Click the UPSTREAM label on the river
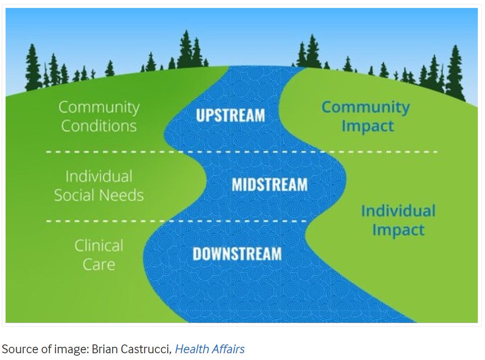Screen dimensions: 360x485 (230, 115)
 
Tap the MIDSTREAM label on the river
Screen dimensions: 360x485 (269, 185)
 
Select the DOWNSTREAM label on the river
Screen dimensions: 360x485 (237, 254)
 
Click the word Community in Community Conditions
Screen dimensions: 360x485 (99, 108)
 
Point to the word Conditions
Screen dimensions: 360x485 (99, 126)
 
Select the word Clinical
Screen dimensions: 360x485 (99, 246)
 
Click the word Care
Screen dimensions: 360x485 (99, 265)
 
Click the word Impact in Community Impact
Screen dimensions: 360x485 (367, 126)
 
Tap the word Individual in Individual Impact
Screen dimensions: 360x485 (398, 211)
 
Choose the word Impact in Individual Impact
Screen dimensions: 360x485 (398, 230)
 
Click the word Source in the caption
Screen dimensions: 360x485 (17, 348)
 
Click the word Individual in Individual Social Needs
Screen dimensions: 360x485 (99, 177)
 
